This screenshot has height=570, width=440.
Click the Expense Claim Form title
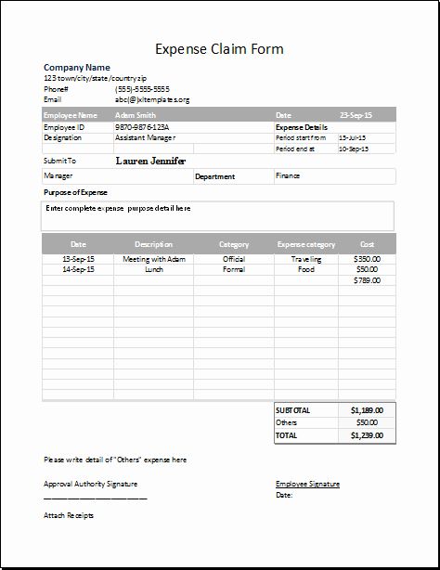click(219, 48)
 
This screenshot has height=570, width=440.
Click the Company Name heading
click(77, 68)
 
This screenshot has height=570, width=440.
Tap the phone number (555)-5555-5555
click(141, 88)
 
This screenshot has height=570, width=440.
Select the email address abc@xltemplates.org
click(152, 98)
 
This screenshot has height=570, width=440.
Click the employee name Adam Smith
click(136, 116)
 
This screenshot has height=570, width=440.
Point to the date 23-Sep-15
click(355, 116)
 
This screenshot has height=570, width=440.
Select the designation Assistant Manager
click(145, 137)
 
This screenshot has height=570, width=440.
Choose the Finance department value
click(288, 175)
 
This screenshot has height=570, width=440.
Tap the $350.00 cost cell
click(368, 259)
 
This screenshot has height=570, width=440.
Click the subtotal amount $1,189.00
click(368, 409)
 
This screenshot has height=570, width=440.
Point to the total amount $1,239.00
click(368, 434)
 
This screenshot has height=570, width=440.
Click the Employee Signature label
click(307, 484)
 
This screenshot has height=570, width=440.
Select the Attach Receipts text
click(69, 515)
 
